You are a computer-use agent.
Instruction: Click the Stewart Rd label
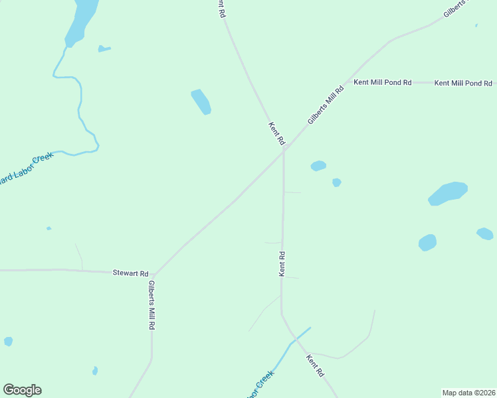130,273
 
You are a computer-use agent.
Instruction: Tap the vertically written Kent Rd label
282,263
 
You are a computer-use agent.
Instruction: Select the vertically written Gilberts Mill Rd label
152,306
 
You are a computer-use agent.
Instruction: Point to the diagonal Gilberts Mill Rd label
325,105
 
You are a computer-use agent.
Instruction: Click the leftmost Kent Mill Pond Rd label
382,83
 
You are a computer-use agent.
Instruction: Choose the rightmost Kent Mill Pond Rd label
463,84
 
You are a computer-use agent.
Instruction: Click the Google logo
22,390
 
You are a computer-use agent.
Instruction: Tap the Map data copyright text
468,392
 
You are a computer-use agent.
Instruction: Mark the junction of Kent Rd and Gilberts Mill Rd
284,150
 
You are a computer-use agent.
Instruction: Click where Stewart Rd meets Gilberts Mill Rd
153,274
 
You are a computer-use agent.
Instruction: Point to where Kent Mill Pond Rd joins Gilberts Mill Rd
346,83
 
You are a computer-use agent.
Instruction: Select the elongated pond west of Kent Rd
201,101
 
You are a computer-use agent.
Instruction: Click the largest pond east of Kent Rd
448,193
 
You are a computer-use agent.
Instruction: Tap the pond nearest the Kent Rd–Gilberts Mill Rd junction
318,166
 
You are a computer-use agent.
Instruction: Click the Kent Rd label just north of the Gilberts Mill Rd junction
276,133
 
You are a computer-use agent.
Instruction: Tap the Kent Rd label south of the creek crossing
315,365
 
